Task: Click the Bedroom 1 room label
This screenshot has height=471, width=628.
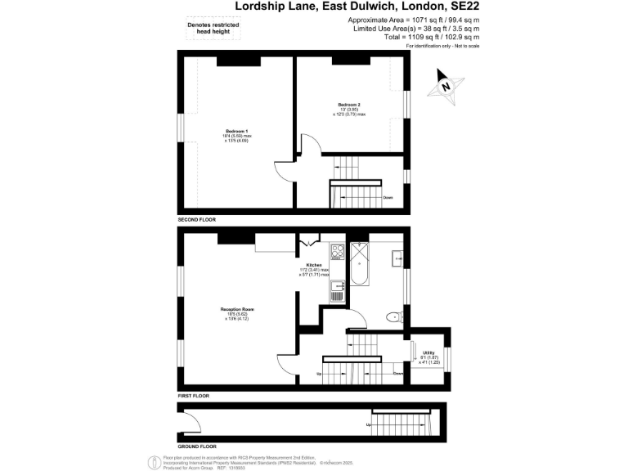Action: tap(236, 136)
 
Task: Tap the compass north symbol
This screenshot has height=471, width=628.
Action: tap(446, 86)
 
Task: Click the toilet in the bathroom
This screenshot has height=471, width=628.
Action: tap(394, 316)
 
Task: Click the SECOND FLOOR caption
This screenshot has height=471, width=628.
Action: tap(196, 221)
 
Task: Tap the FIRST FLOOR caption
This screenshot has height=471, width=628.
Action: tap(193, 396)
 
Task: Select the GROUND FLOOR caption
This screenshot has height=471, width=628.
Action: tap(197, 446)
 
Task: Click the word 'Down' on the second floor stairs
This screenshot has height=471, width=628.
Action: tap(388, 198)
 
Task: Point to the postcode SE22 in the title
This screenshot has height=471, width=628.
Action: tap(460, 6)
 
